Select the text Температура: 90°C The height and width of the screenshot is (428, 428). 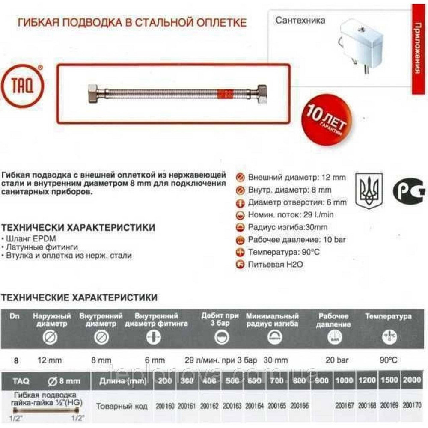tap(284, 252)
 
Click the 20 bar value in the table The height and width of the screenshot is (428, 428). tap(334, 360)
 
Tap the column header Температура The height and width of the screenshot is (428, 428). tap(388, 317)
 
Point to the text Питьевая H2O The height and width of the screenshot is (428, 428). tap(275, 265)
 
